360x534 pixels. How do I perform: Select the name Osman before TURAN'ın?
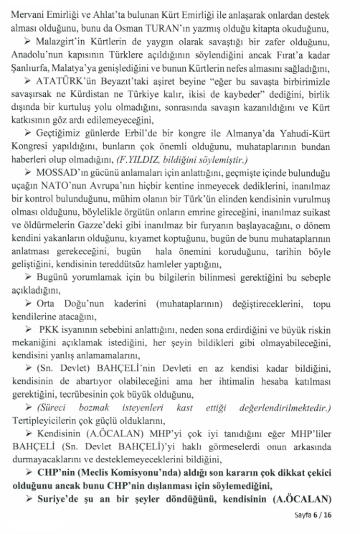[x=188, y=29]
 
